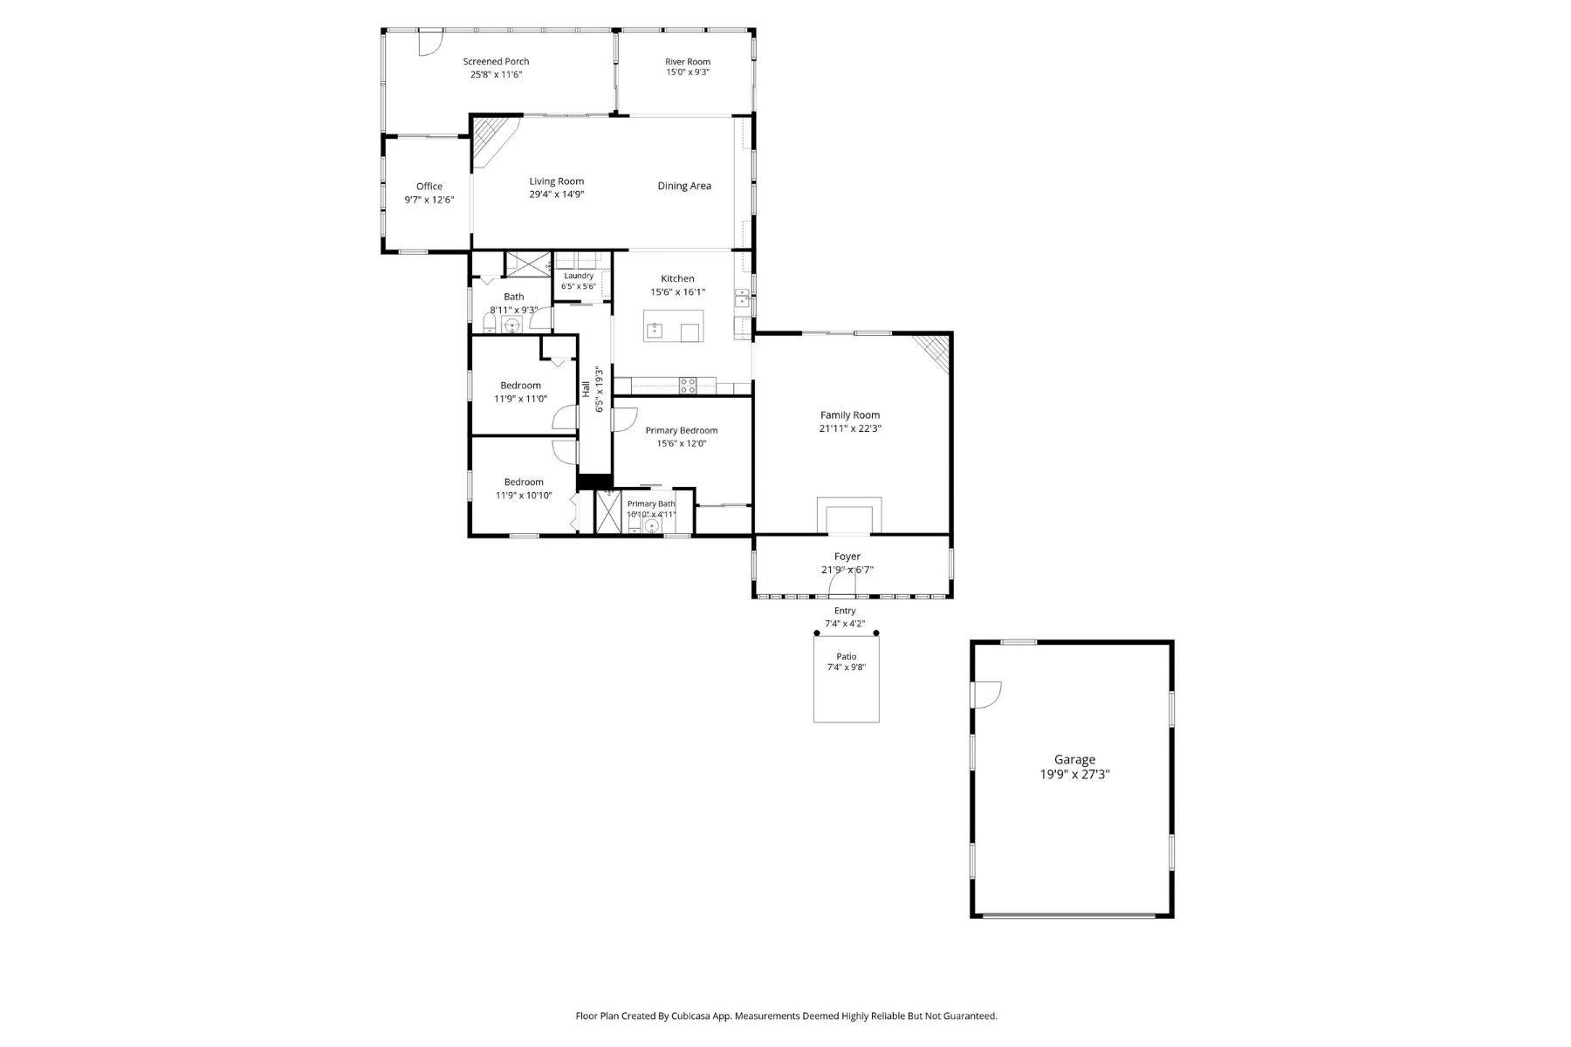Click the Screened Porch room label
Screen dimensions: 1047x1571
point(496,61)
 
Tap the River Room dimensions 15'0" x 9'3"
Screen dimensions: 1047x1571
point(688,72)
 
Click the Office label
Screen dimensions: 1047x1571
point(429,186)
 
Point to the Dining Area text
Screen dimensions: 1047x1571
point(684,186)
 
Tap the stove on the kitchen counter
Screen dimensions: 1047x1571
point(688,385)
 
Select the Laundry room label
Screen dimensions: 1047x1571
point(579,276)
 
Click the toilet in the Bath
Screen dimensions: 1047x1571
point(490,326)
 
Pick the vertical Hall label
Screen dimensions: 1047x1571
point(586,389)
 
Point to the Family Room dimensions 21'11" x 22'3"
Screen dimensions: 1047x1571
point(850,428)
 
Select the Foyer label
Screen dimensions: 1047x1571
point(847,557)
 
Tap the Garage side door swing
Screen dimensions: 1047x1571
point(988,694)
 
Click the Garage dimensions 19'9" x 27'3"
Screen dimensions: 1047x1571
point(1074,774)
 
